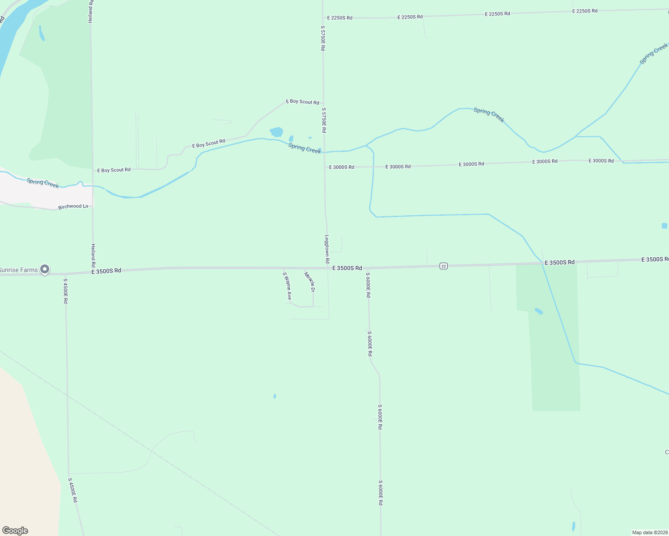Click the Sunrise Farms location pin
pyautogui.click(x=44, y=269)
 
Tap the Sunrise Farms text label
pyautogui.click(x=18, y=270)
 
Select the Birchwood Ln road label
pyautogui.click(x=73, y=207)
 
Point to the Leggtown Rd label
pyautogui.click(x=327, y=249)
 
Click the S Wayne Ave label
pyautogui.click(x=287, y=286)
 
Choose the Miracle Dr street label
pyautogui.click(x=309, y=282)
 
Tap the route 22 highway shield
pyautogui.click(x=443, y=266)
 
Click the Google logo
pyautogui.click(x=15, y=531)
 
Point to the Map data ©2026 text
pyautogui.click(x=650, y=532)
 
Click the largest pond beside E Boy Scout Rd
pyautogui.click(x=276, y=132)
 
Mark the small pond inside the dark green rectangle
pyautogui.click(x=539, y=311)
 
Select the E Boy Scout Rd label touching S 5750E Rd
pyautogui.click(x=303, y=102)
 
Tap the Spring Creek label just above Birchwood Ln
pyautogui.click(x=43, y=183)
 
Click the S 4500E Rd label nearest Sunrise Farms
pyautogui.click(x=65, y=291)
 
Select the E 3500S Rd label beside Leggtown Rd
pyautogui.click(x=347, y=268)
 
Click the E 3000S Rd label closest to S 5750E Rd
pyautogui.click(x=342, y=167)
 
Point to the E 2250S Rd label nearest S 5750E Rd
pyautogui.click(x=340, y=18)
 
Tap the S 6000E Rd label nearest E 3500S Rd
pyautogui.click(x=368, y=285)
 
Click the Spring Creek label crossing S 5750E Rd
pyautogui.click(x=305, y=148)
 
